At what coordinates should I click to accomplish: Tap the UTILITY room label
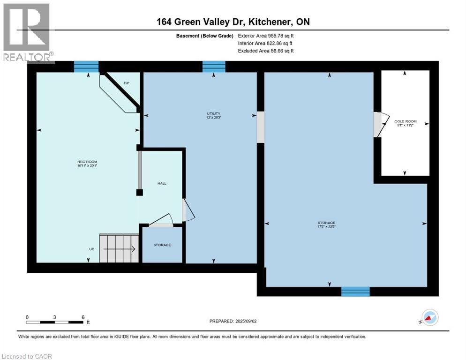click(x=214, y=115)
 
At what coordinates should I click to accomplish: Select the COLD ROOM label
click(x=405, y=123)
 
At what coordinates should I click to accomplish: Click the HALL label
click(x=161, y=184)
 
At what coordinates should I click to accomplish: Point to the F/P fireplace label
click(x=126, y=83)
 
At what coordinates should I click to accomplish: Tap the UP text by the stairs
click(x=92, y=249)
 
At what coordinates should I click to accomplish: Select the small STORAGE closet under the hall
click(x=162, y=245)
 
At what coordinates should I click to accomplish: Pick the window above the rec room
click(x=86, y=67)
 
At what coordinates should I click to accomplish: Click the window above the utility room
click(x=214, y=67)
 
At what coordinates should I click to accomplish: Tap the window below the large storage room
click(x=355, y=292)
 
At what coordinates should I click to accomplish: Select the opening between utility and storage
click(x=260, y=127)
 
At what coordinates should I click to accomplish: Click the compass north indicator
click(x=428, y=317)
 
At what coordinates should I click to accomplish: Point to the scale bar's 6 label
click(x=83, y=317)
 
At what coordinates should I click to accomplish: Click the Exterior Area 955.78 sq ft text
click(x=266, y=36)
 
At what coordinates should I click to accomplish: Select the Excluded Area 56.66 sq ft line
click(x=266, y=51)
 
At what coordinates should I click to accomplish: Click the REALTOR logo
click(x=27, y=32)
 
